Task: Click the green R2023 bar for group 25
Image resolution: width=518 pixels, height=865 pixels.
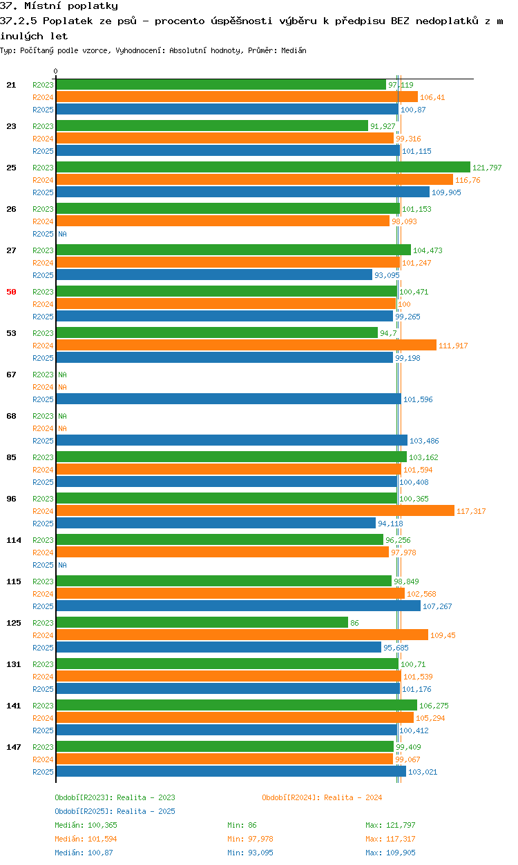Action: point(263,167)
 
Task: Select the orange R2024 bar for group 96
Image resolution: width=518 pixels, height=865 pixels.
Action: point(255,511)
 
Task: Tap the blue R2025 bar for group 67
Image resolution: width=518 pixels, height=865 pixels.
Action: point(229,399)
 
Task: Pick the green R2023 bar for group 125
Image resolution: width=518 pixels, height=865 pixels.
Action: point(202,622)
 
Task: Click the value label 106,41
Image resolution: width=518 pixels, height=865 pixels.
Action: point(432,97)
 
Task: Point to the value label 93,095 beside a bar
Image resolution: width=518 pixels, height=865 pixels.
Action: point(387,275)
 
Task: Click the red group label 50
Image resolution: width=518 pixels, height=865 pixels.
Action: point(11,292)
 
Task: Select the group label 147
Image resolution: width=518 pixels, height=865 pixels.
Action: point(14,747)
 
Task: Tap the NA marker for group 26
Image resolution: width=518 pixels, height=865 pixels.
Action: point(62,234)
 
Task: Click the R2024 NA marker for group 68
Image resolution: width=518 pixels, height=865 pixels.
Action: point(62,428)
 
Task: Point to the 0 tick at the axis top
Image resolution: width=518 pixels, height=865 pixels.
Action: point(56,71)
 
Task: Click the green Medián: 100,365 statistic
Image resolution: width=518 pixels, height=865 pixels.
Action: point(86,825)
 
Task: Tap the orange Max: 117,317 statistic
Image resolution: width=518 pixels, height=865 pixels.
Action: point(390,839)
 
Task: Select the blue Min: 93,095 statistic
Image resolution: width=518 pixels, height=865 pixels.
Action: point(250,853)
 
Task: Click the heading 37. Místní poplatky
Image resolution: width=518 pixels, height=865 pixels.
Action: point(59,6)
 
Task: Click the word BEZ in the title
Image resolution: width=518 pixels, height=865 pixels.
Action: point(400,21)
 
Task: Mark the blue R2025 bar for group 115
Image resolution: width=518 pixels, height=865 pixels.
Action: point(238,606)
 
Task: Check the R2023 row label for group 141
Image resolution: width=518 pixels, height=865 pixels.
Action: point(43,706)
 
